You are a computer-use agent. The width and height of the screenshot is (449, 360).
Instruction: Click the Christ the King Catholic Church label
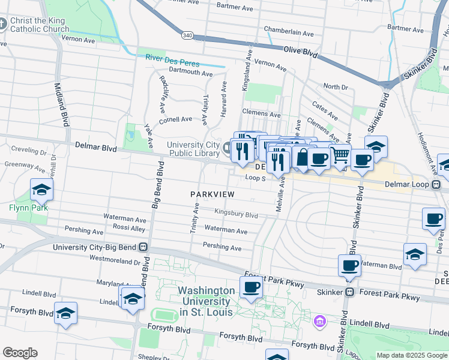(39, 24)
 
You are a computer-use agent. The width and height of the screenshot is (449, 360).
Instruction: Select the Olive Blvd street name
(300, 53)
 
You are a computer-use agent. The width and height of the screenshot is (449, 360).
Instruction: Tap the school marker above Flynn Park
(42, 190)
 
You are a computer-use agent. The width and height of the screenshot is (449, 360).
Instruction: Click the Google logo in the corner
(20, 353)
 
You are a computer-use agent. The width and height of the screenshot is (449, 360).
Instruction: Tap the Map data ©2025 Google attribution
(411, 355)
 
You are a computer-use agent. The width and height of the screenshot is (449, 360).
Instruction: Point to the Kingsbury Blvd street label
(236, 214)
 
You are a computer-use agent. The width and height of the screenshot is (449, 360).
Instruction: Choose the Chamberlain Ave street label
(289, 32)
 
